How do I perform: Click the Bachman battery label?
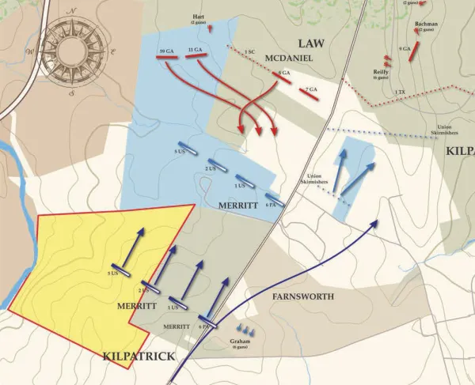click(x=426, y=25)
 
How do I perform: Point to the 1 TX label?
click(x=401, y=92)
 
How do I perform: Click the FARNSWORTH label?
click(x=303, y=296)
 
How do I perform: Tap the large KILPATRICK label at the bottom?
click(x=139, y=357)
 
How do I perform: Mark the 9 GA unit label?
click(x=405, y=49)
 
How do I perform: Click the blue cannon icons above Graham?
click(x=245, y=329)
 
